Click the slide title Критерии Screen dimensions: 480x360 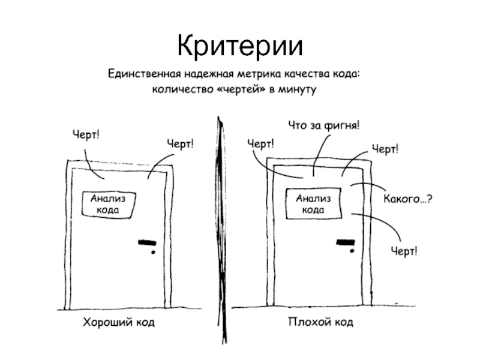[x=240, y=46]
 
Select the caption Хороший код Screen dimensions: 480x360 [x=118, y=323]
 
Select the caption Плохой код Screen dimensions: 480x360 [x=320, y=323]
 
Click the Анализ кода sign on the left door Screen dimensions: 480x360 [x=109, y=204]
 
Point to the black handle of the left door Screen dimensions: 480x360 [x=147, y=243]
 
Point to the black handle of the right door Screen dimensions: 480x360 [x=344, y=242]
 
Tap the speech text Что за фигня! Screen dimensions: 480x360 [x=325, y=125]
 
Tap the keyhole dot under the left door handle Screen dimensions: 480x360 [x=153, y=253]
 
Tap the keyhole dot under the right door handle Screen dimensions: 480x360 [x=351, y=251]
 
